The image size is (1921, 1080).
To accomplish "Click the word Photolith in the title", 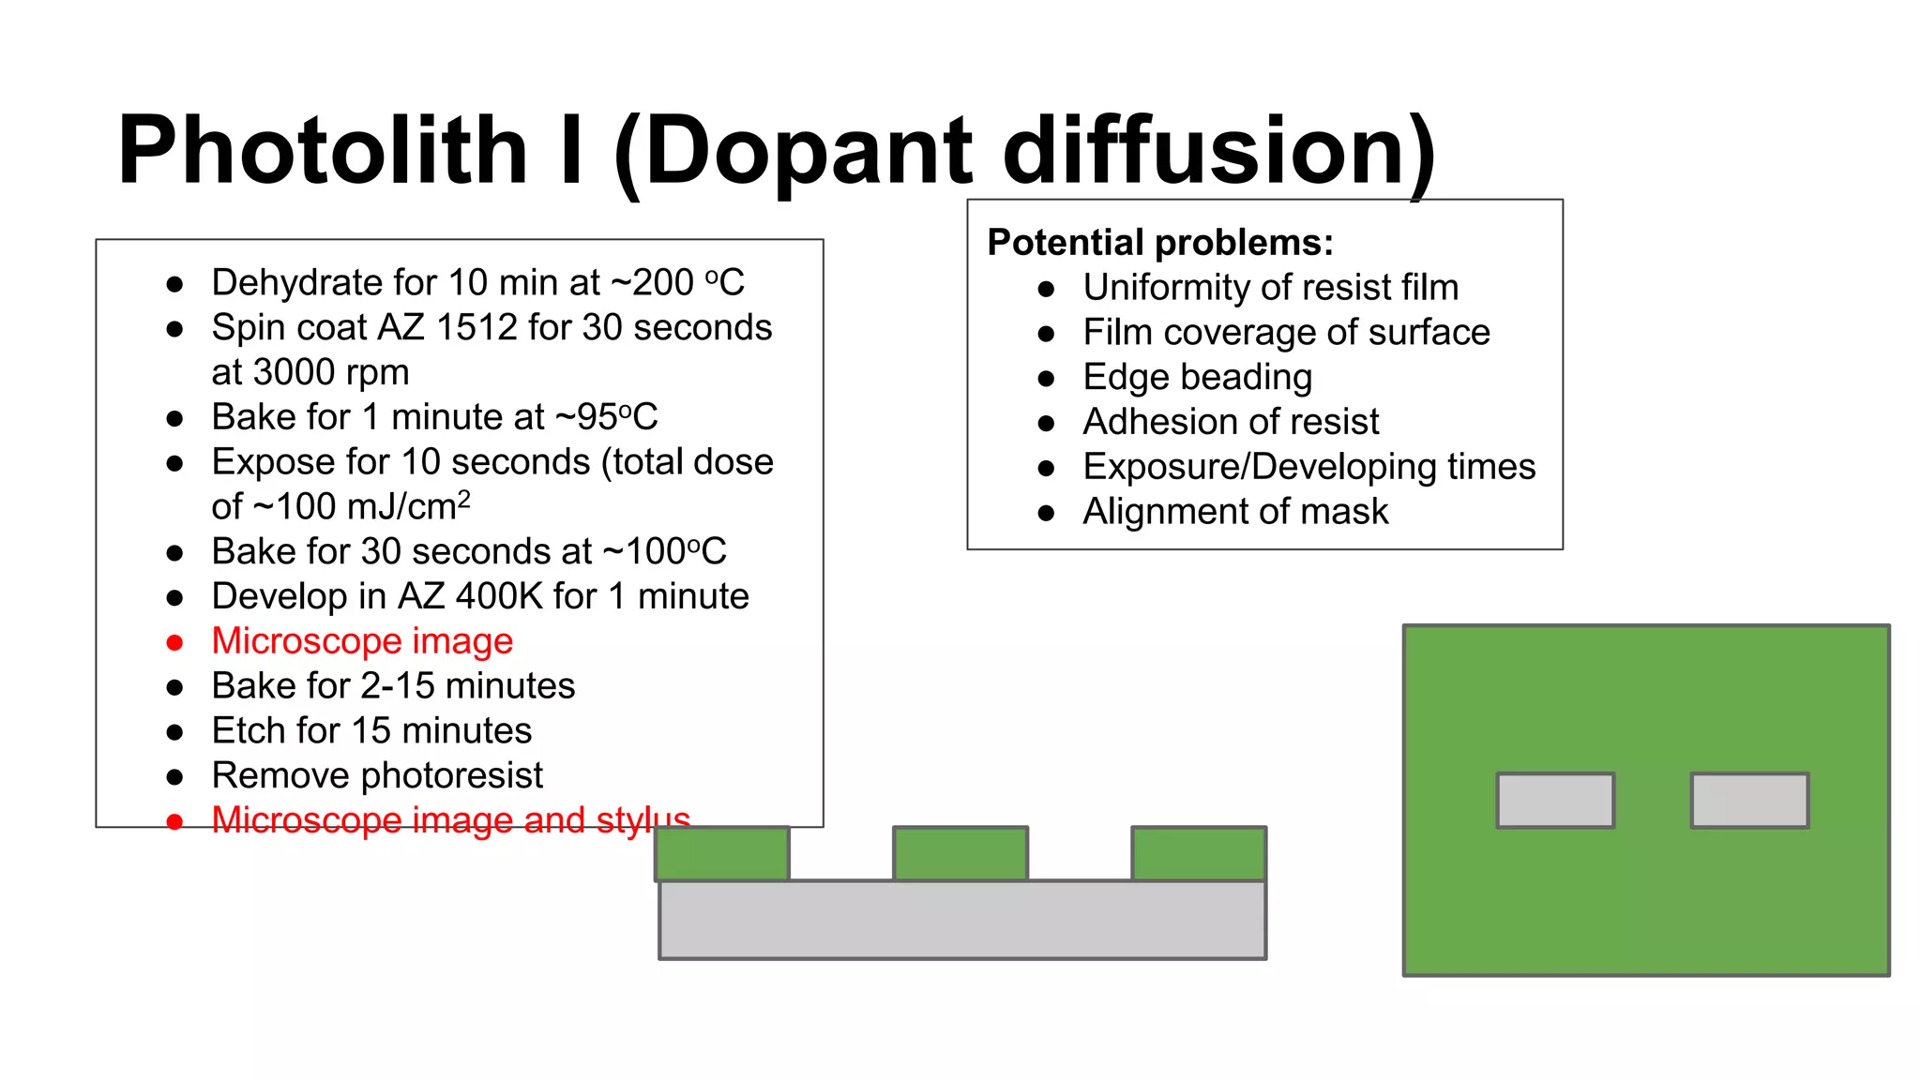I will pos(323,150).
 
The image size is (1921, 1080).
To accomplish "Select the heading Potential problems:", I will pos(1160,242).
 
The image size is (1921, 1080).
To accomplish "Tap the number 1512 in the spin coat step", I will pos(476,327).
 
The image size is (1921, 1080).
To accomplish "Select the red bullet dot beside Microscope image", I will pos(174,642).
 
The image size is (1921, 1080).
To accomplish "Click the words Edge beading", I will pos(1197,377).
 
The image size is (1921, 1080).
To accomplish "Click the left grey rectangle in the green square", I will pos(1555,800).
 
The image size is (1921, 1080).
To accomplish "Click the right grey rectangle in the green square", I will pos(1749,800).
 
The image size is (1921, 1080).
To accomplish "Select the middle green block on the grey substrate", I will pos(960,853).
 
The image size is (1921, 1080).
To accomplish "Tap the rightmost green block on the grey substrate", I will pos(1199,853).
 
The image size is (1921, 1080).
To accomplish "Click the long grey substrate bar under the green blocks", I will pos(962,920).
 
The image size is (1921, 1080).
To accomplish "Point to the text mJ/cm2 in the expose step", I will pos(408,507).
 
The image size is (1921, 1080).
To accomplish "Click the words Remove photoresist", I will pos(377,775).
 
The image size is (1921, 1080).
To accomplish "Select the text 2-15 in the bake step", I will pos(398,686).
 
